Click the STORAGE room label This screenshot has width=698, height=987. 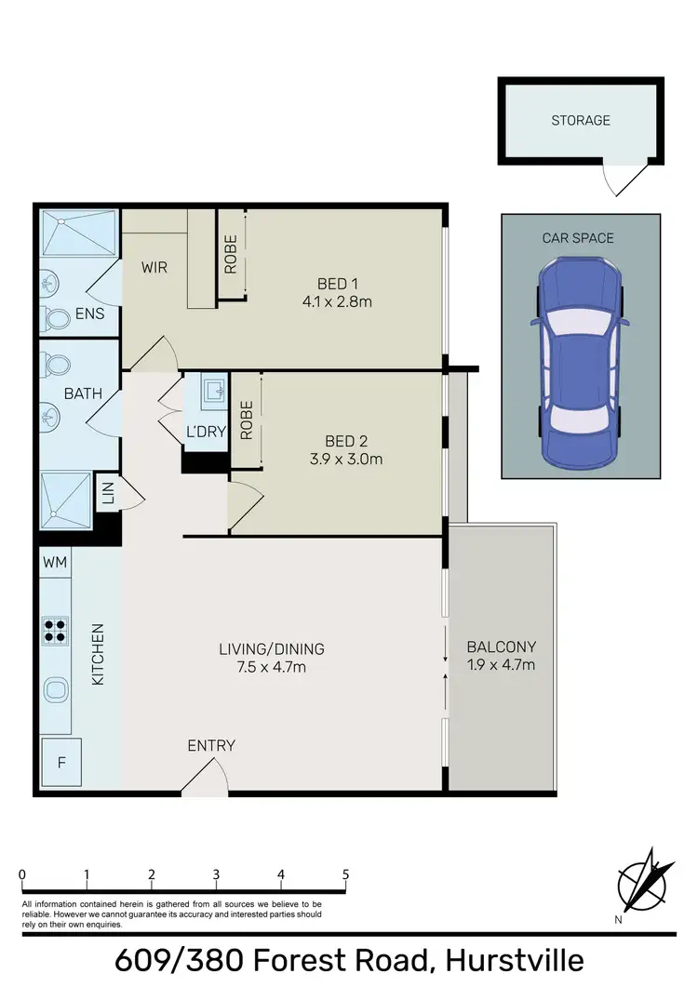pyautogui.click(x=581, y=120)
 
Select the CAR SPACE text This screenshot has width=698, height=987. pyautogui.click(x=578, y=238)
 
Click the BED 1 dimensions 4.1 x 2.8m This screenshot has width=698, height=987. pyautogui.click(x=337, y=301)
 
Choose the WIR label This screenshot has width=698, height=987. pyautogui.click(x=154, y=268)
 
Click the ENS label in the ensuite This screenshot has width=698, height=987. pyautogui.click(x=90, y=314)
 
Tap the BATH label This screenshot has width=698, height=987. pyautogui.click(x=83, y=393)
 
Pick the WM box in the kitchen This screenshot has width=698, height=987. pyautogui.click(x=54, y=562)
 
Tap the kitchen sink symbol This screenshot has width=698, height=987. pyautogui.click(x=56, y=690)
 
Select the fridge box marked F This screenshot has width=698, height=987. pyautogui.click(x=61, y=764)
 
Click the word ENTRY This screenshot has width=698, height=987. pyautogui.click(x=211, y=745)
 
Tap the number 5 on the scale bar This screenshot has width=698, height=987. pyautogui.click(x=345, y=874)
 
